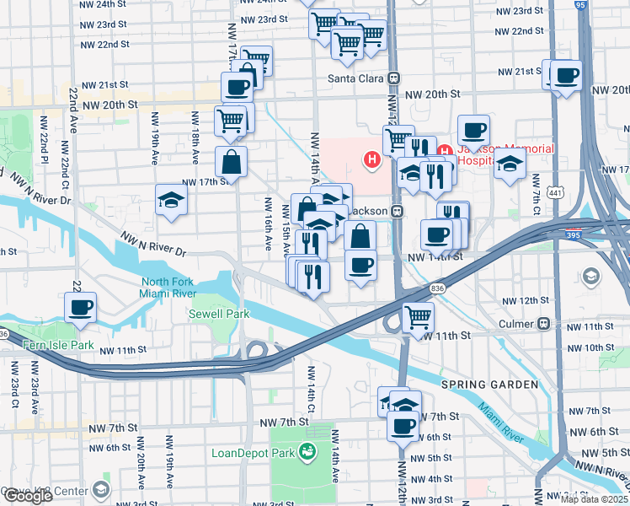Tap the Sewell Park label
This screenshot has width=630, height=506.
[218, 314]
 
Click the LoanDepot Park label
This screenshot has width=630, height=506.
[253, 454]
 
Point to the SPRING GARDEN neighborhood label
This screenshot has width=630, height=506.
[489, 385]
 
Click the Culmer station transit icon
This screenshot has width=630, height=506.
[544, 324]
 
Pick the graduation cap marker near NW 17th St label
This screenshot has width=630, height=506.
[171, 200]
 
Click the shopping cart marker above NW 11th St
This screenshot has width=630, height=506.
[418, 318]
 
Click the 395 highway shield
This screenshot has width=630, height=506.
[573, 236]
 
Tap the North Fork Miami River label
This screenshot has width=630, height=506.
[168, 288]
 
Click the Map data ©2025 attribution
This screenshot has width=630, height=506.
[594, 498]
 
